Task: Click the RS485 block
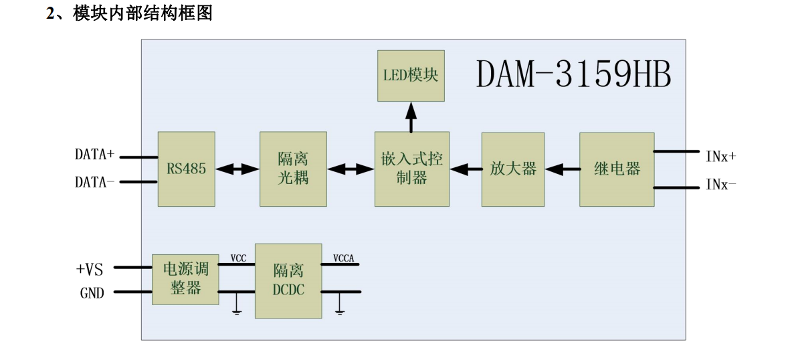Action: tap(187, 169)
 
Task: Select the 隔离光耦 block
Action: tap(293, 169)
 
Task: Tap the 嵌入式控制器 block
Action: tap(411, 169)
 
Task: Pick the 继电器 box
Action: tap(616, 169)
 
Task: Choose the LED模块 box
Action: tap(411, 75)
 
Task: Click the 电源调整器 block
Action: tap(185, 279)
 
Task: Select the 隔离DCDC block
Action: tap(288, 280)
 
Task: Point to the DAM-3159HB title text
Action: tap(573, 76)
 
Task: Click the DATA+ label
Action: tap(94, 155)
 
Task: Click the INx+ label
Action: tap(720, 155)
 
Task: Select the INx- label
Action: tap(720, 183)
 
